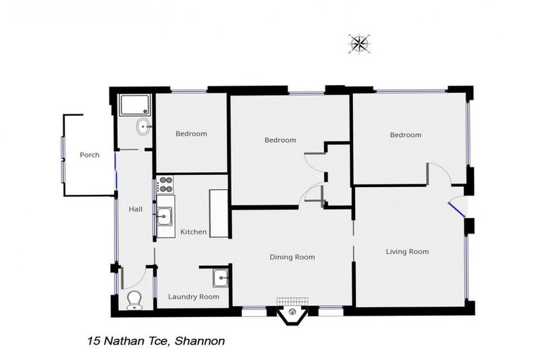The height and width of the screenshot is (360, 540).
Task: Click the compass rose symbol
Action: tap(359, 44)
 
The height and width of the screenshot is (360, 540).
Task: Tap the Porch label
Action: tap(89, 155)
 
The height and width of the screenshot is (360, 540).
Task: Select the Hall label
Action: tap(136, 209)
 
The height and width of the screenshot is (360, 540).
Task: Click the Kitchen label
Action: tap(193, 231)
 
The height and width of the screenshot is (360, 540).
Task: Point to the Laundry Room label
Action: tap(193, 296)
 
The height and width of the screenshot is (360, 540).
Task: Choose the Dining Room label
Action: tap(292, 257)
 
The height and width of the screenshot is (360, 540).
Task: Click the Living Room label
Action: tap(407, 251)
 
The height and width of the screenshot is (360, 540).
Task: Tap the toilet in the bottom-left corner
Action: tap(134, 301)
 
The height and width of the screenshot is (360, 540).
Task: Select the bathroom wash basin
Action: tap(143, 128)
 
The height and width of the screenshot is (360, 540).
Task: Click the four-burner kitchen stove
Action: tap(165, 185)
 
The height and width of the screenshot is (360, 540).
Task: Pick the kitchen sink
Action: tap(165, 215)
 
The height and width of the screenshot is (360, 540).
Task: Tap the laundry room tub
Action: tap(221, 278)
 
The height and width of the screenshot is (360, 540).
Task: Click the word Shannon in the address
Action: tap(200, 341)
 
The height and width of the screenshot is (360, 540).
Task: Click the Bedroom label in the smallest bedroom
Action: tap(191, 134)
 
